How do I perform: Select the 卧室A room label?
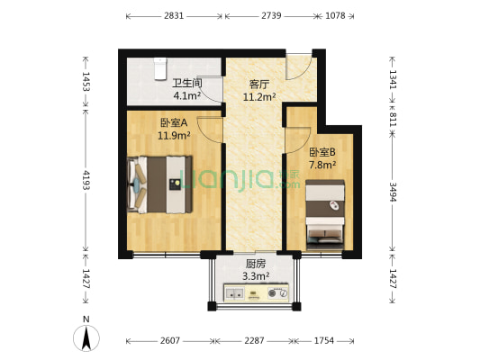pos(173,123)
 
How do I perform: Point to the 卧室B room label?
pos(322,152)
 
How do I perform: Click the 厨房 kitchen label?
pos(255,264)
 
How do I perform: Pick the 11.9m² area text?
pos(173,136)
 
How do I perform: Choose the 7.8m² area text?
pos(322,165)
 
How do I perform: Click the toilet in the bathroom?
pos(160,67)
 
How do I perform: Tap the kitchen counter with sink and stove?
pos(258,293)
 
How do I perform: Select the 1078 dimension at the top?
pos(334,16)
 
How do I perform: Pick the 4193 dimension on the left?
pos(86,180)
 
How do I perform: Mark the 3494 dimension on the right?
pos(393,193)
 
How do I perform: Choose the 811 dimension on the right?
pos(393,118)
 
